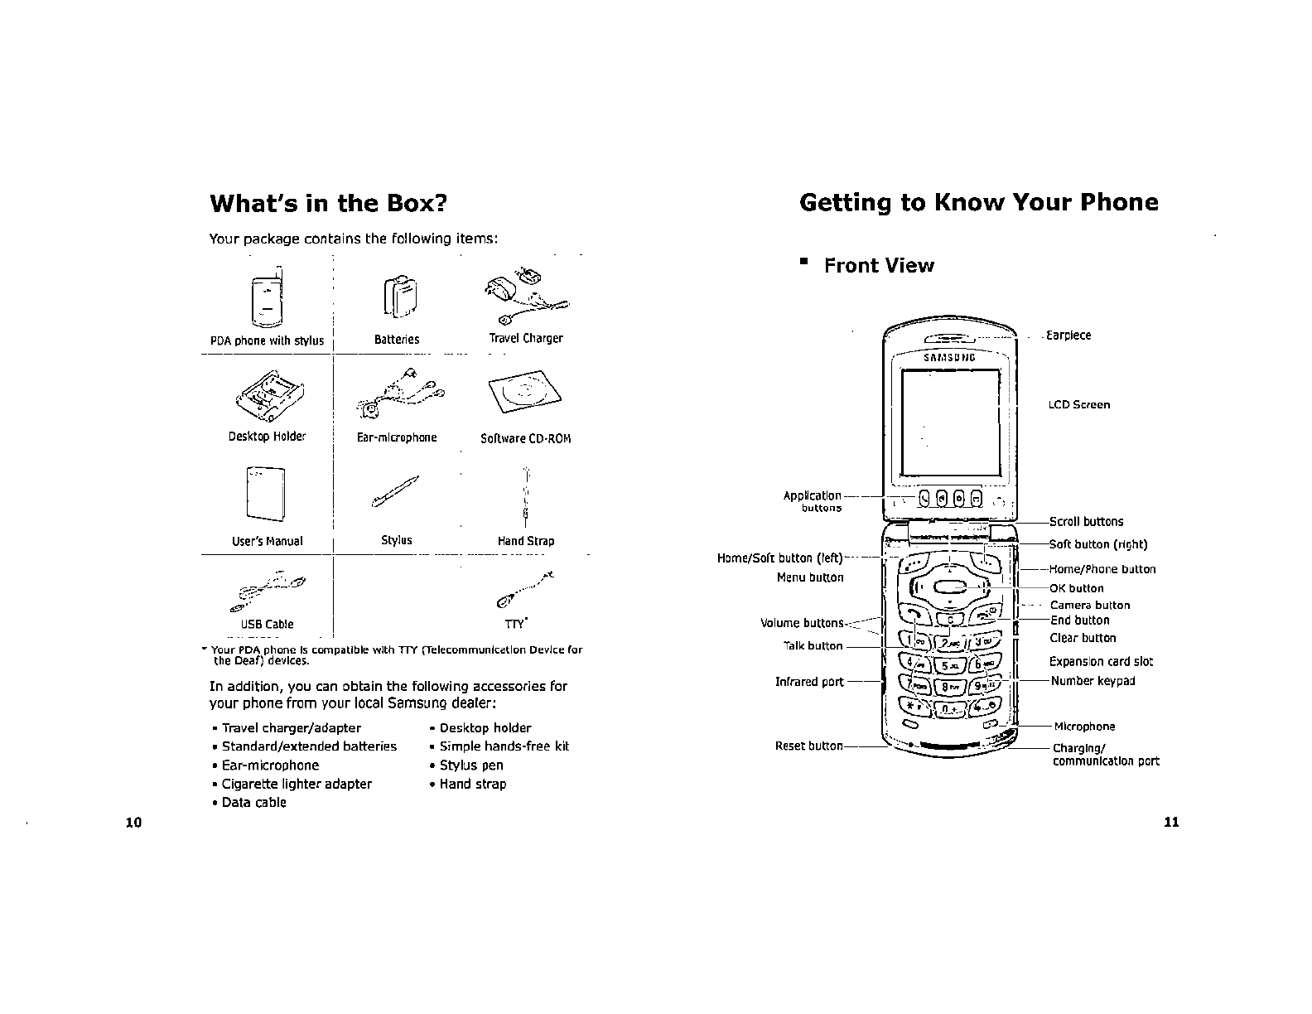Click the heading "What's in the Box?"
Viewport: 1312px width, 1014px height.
328,204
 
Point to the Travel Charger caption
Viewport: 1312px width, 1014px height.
526,338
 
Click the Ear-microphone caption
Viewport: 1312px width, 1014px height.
396,437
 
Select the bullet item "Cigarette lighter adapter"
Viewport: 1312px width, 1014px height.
297,784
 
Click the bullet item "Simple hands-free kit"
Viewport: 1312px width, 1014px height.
504,746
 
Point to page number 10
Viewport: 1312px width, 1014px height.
133,823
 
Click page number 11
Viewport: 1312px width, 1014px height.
1170,823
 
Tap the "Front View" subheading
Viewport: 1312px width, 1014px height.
879,266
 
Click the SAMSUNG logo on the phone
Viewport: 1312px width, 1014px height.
949,358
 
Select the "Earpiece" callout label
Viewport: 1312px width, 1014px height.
1068,336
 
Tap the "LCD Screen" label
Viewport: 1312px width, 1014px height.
1078,405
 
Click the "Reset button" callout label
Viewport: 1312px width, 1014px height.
808,746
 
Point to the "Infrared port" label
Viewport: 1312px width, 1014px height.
809,682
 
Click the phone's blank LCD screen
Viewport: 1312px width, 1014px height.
950,422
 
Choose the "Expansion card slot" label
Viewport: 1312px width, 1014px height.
1101,662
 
